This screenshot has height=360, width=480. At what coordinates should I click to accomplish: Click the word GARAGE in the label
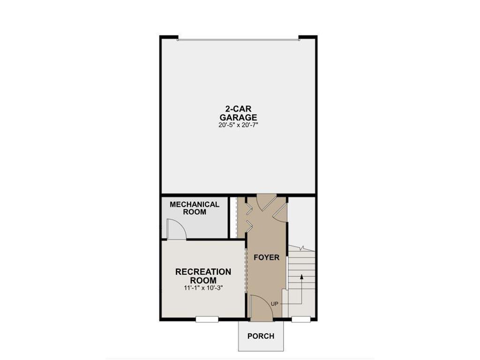(x=238, y=117)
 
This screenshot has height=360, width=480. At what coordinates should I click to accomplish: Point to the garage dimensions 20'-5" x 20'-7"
(x=238, y=125)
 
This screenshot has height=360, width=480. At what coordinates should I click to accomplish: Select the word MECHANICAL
(x=195, y=204)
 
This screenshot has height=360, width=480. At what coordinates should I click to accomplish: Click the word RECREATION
(x=203, y=272)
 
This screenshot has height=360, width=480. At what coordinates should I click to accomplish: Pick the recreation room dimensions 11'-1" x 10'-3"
(x=203, y=288)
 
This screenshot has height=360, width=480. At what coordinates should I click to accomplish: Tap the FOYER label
(x=266, y=257)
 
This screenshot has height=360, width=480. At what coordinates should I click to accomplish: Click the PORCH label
(x=261, y=336)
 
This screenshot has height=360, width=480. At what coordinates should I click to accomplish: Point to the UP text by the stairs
(x=275, y=304)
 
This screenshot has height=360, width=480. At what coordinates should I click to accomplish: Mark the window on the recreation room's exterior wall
(x=207, y=319)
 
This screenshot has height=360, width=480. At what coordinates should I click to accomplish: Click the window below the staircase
(x=301, y=319)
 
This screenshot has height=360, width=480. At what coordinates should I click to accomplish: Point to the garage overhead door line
(x=238, y=40)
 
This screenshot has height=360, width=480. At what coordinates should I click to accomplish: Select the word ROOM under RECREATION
(x=203, y=280)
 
